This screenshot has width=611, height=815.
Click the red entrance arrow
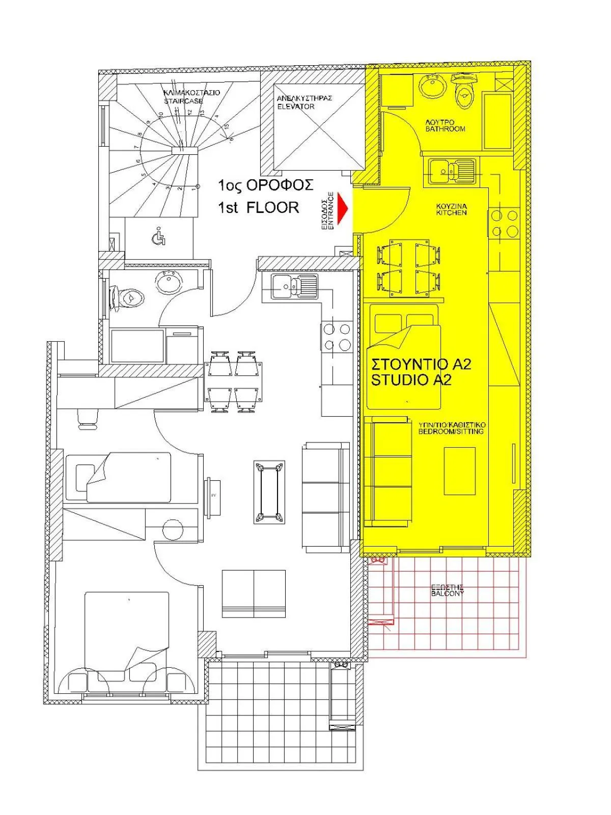[344, 208]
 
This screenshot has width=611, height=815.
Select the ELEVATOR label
[296, 106]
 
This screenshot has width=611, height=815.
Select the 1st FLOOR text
[258, 207]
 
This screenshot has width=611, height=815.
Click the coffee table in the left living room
[269, 492]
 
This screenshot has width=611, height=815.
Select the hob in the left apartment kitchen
[337, 337]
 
